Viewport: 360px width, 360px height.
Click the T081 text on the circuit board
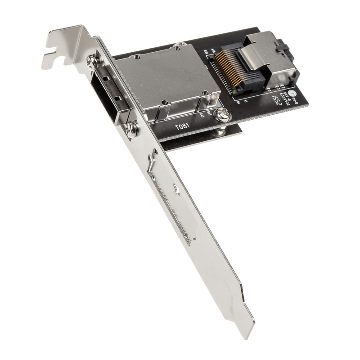click(182, 127)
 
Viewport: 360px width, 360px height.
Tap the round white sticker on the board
click(293, 94)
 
